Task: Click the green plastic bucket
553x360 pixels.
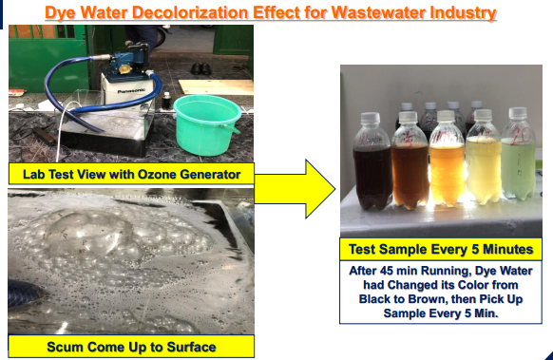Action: click(207, 124)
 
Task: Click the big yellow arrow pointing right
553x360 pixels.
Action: click(295, 189)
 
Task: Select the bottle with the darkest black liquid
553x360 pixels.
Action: click(372, 162)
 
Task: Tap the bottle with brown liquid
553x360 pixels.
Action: click(410, 161)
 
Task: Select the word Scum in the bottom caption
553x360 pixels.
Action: click(64, 347)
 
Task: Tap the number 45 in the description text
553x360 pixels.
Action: click(387, 271)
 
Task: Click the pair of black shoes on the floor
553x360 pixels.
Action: click(201, 68)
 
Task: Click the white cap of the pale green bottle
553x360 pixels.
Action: click(518, 112)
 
